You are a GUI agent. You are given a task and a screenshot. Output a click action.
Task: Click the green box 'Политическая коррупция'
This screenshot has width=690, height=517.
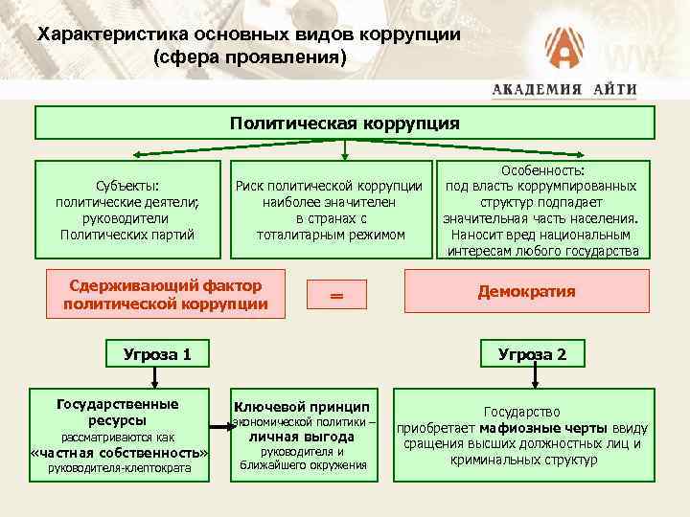(345, 124)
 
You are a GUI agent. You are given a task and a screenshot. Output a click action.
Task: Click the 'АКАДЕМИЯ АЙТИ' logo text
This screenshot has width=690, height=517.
(564, 90)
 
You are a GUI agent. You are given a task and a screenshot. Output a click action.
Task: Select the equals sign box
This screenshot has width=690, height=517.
(336, 296)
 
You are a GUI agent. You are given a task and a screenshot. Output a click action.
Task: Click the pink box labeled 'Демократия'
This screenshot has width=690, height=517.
(528, 291)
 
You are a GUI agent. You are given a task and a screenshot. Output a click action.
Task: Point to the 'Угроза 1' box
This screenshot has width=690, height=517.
(158, 354)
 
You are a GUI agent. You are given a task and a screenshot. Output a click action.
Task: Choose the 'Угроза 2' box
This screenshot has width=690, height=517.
(532, 354)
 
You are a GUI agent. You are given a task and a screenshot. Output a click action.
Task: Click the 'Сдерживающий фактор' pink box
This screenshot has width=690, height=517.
(166, 294)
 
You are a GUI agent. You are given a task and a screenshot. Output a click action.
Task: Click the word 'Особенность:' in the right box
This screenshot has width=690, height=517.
(542, 169)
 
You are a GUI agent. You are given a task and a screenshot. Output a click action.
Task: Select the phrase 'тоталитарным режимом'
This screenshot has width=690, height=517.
(332, 235)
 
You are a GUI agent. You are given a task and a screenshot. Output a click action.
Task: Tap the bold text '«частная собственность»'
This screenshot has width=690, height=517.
(120, 452)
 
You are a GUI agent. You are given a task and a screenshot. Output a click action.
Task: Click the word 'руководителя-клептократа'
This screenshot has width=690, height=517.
(120, 468)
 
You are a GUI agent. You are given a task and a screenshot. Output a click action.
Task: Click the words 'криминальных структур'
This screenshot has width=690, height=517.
(523, 460)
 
